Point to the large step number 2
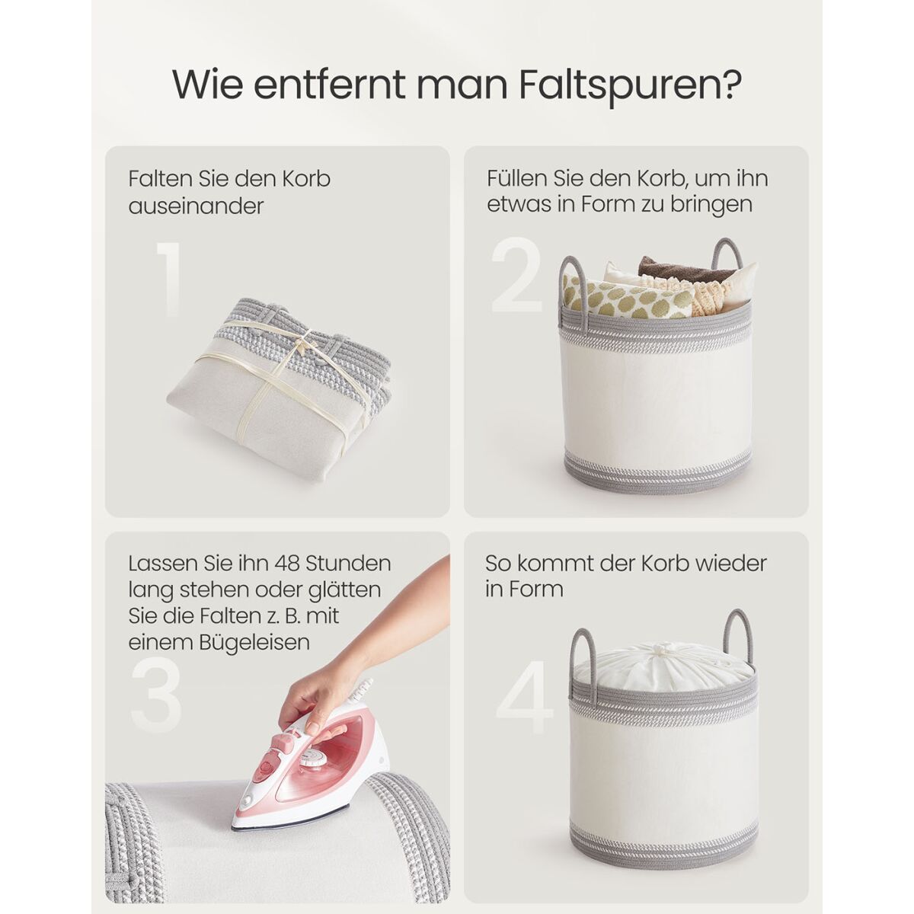pos(517,276)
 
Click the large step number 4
pos(525,697)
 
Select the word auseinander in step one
pos(196,206)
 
